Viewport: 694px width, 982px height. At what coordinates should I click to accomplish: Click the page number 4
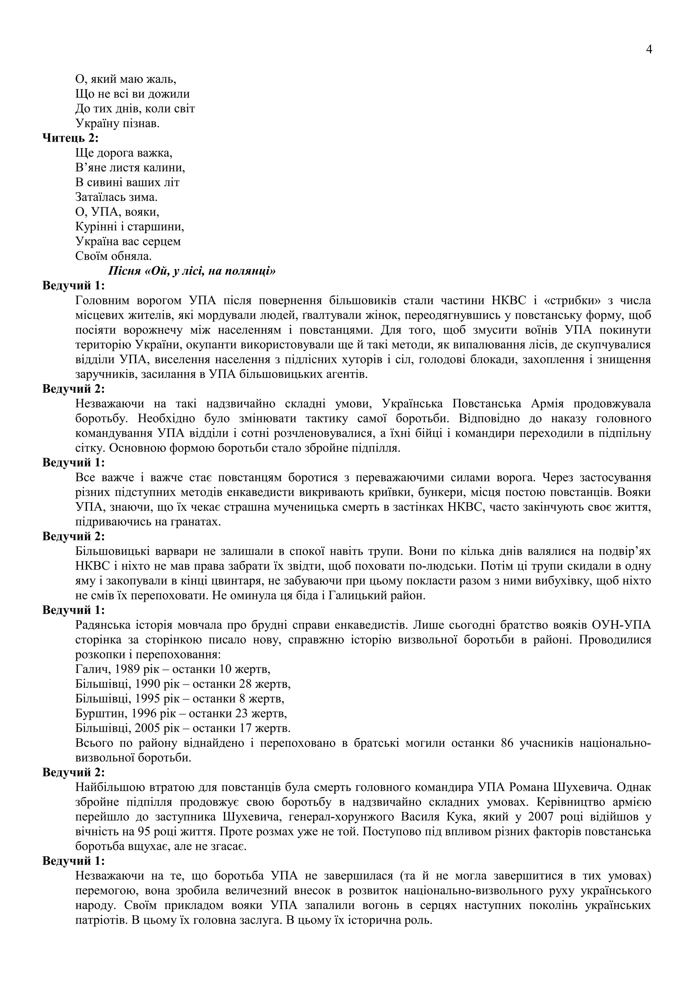[x=649, y=50]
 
